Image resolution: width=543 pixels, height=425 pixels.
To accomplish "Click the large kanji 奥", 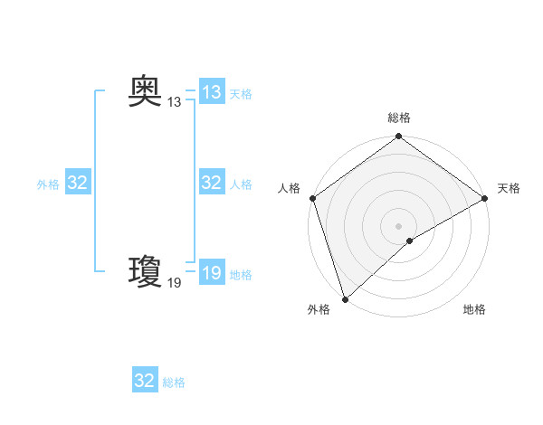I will coord(145,91).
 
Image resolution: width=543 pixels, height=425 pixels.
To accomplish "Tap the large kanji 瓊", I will coord(145,270).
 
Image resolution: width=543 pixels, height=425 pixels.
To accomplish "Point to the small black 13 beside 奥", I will coord(175,103).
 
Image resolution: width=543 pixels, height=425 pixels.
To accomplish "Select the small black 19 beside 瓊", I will coord(175,283).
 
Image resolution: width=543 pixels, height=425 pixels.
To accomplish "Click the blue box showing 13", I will coord(212,92).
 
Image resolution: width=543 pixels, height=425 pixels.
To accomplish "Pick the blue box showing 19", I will coord(212,273).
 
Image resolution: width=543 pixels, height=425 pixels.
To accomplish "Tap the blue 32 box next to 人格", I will coord(212,183).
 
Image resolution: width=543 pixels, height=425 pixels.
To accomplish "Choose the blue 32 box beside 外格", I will coord(78,183).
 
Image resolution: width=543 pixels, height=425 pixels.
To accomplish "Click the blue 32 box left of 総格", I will coord(145,381).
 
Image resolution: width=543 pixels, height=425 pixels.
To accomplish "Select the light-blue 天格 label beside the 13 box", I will coord(241,94).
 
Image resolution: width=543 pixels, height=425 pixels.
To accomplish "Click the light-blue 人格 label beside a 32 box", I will coord(241,184).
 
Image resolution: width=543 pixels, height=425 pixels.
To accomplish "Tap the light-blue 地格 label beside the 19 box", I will coord(241,275).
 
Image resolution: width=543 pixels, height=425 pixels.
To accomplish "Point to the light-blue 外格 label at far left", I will coord(48,184).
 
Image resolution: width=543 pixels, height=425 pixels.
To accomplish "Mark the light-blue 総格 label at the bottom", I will coord(174,382).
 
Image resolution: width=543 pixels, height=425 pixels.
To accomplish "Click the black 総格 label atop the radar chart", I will coord(398,118).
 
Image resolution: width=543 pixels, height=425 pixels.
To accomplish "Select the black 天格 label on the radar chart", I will coord(509,188).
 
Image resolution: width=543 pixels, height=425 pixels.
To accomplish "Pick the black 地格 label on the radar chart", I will coord(474,310).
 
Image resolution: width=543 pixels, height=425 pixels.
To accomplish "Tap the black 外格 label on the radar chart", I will coord(319,310).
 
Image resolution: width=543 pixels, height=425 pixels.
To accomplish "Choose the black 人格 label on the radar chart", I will coord(289,188).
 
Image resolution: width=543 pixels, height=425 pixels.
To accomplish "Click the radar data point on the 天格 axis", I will coord(484,198).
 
